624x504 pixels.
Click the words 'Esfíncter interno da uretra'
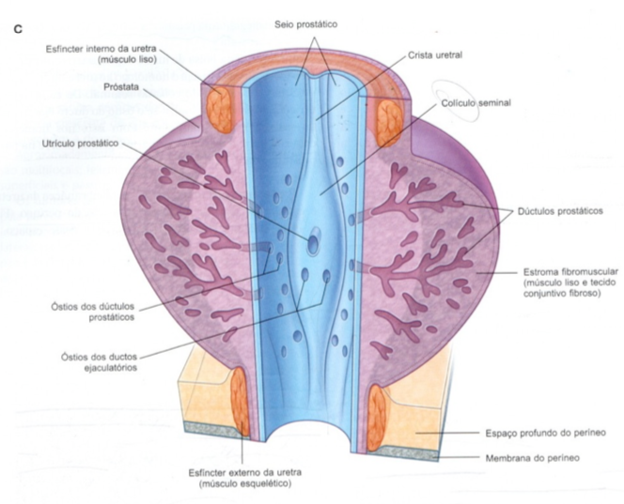(x=101, y=48)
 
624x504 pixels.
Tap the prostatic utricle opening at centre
(x=314, y=238)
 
